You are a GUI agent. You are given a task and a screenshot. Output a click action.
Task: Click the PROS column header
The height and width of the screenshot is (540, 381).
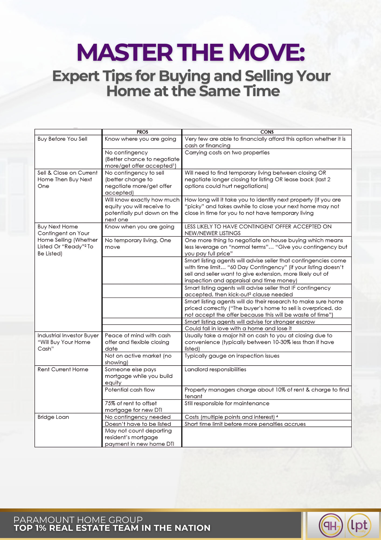tap(142, 132)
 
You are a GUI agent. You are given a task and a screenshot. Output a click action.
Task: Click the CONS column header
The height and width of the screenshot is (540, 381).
tap(267, 132)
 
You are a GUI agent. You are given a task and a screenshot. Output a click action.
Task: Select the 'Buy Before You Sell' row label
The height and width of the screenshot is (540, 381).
tap(62, 139)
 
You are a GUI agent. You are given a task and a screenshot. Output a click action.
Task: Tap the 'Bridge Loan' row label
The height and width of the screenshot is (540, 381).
tap(53, 417)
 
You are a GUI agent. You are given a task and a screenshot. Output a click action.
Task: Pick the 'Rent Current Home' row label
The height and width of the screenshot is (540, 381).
tap(63, 369)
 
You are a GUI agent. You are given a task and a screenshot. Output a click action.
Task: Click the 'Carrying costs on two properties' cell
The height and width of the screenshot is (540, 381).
tap(227, 153)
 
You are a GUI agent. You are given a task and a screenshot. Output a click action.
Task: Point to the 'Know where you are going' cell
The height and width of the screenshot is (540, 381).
tap(140, 139)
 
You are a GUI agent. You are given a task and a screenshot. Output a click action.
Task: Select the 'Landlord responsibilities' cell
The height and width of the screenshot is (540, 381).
tap(215, 369)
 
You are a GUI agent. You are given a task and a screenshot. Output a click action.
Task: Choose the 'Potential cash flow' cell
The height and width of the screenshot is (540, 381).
tap(130, 390)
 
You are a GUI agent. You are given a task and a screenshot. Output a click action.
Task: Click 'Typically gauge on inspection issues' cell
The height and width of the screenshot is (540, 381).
tap(232, 356)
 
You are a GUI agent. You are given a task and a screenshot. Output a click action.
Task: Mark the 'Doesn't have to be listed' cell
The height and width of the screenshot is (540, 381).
tap(138, 424)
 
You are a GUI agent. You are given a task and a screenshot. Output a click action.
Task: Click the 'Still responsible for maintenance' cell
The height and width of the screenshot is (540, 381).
tap(227, 403)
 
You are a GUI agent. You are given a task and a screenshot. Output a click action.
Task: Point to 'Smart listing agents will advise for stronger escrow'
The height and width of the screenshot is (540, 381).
tap(250, 322)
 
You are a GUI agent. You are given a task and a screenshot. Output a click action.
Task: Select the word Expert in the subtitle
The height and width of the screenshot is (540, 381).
tap(76, 76)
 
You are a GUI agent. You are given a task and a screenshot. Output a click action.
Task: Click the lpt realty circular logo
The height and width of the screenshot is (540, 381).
tap(359, 526)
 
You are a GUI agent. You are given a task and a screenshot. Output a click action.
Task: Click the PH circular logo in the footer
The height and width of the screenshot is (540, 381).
tap(331, 526)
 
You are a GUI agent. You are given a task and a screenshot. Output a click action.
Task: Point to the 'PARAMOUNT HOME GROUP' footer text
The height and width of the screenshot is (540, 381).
tap(78, 520)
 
